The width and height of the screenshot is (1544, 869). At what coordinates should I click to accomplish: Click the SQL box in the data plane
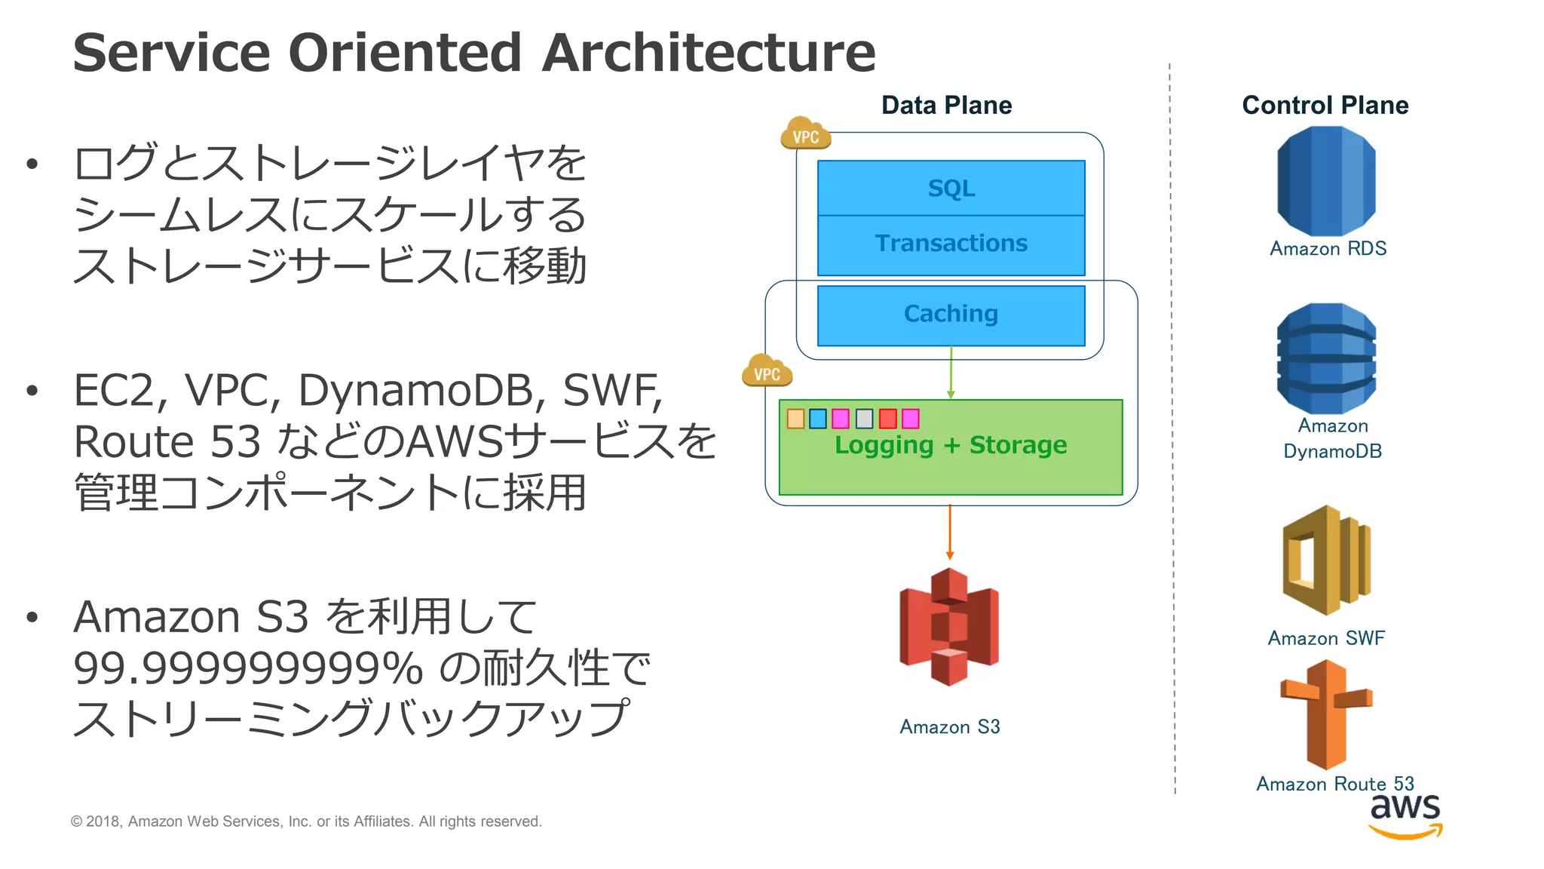tap(951, 188)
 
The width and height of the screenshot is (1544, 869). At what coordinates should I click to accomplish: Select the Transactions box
tap(951, 244)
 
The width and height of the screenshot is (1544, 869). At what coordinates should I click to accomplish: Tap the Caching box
tap(951, 314)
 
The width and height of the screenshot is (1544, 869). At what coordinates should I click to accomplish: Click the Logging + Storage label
tap(951, 445)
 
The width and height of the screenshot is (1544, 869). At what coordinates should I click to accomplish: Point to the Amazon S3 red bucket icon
tap(949, 627)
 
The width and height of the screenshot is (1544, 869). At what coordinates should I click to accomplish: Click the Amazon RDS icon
tap(1326, 181)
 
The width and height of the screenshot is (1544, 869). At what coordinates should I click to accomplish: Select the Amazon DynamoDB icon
tap(1326, 358)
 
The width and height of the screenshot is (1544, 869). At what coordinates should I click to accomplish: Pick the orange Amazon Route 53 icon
tap(1326, 714)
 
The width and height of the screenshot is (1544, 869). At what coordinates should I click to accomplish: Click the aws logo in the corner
tap(1405, 815)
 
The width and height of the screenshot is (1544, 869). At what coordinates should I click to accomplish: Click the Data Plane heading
tap(946, 106)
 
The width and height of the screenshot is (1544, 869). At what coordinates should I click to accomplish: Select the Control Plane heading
tap(1325, 106)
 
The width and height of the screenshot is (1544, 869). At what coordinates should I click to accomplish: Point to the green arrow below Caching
tap(951, 373)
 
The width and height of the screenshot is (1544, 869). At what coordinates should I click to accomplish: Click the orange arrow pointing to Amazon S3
tap(950, 533)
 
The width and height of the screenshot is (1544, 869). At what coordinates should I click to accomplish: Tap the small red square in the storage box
tap(887, 419)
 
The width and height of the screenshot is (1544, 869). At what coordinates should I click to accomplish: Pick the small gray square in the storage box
tap(864, 419)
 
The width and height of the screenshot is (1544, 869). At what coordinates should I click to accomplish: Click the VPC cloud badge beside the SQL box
tap(805, 134)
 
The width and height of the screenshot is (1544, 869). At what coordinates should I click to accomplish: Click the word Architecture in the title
tap(709, 53)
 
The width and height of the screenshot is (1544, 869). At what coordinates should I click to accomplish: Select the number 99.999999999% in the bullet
tap(248, 668)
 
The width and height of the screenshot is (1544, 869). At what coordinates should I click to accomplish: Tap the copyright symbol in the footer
tap(76, 821)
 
